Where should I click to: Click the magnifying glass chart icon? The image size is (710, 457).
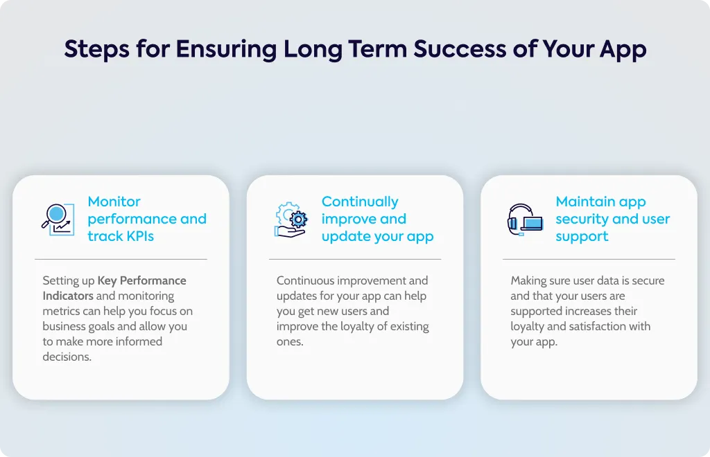coord(58,219)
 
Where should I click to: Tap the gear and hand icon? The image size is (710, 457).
coord(291,219)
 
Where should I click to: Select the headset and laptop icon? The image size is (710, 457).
coord(526,219)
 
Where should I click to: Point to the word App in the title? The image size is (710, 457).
coord(623,50)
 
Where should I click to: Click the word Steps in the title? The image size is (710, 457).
coord(96,50)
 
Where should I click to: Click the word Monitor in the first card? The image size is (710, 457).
coord(114,201)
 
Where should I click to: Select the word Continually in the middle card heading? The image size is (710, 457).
coord(360,202)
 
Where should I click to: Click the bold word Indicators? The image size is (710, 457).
coord(68,296)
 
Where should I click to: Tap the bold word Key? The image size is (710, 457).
coord(107,281)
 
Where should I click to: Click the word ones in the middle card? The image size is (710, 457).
coord(289,342)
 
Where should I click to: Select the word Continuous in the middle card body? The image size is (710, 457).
coord(306,280)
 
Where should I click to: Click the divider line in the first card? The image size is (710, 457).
coord(121,259)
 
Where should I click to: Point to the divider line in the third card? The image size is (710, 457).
coord(589,259)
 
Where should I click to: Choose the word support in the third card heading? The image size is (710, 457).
coord(582,237)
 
